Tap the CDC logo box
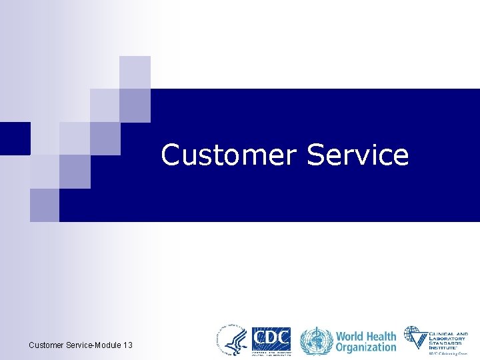pyautogui.click(x=271, y=340)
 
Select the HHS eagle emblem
pyautogui.click(x=231, y=340)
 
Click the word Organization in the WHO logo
pyautogui.click(x=366, y=347)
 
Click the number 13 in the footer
pyautogui.click(x=127, y=345)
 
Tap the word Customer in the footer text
pyautogui.click(x=46, y=345)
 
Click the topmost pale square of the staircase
pyautogui.click(x=135, y=72)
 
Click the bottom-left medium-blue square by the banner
pyautogui.click(x=45, y=205)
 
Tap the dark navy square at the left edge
pyautogui.click(x=15, y=138)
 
